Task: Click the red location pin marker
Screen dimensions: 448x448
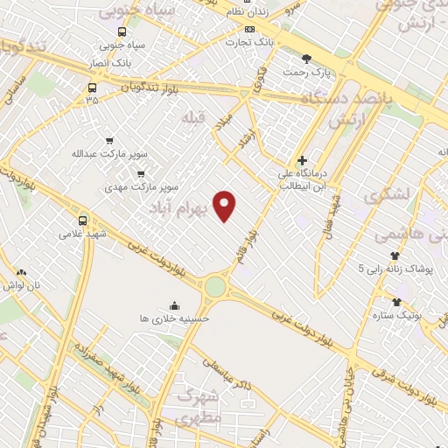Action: click(x=226, y=205)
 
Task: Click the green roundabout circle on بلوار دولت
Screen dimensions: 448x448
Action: click(x=215, y=285)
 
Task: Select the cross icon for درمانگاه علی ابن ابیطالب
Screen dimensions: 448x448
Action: click(x=302, y=161)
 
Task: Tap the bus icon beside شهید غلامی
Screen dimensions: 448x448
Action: click(x=83, y=220)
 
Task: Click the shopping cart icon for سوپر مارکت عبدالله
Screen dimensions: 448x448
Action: click(x=109, y=139)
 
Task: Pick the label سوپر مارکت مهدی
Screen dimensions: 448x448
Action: click(x=141, y=186)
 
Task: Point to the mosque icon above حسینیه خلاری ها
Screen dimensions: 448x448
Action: click(x=175, y=305)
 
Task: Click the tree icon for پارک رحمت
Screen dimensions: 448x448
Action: click(x=305, y=59)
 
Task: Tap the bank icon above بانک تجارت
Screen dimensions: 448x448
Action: click(x=250, y=28)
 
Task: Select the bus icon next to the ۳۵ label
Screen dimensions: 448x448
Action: click(x=92, y=87)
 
